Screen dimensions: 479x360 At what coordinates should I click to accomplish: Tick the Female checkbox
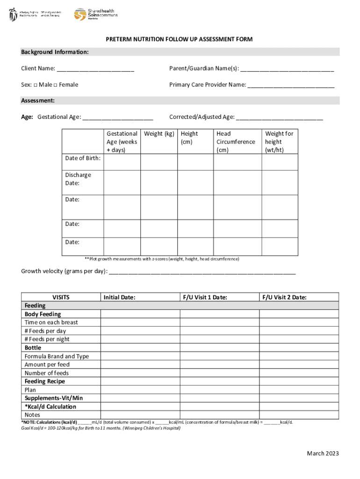55,85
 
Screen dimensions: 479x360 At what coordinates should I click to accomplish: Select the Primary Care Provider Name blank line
291,85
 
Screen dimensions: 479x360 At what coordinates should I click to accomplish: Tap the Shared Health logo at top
96,14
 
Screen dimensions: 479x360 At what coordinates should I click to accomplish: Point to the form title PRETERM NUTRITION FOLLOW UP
179,39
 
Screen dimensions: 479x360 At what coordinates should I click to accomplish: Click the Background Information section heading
55,52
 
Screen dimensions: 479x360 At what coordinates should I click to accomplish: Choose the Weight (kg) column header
159,134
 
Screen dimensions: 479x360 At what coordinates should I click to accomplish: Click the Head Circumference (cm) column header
236,142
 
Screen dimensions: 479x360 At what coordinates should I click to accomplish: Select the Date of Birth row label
83,158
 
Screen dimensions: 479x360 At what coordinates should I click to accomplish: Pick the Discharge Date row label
79,179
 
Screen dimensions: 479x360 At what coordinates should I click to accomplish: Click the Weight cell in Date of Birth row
159,162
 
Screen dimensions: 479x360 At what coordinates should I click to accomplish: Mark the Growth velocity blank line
202,271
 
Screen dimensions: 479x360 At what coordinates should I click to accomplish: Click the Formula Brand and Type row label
57,356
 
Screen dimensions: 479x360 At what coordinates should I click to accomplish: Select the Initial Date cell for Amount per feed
140,365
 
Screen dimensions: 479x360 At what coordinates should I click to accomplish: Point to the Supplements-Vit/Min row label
54,398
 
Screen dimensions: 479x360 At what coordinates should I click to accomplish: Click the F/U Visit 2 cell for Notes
299,415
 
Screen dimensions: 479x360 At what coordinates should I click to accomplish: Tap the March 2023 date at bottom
323,453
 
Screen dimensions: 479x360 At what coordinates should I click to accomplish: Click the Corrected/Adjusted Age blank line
279,117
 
